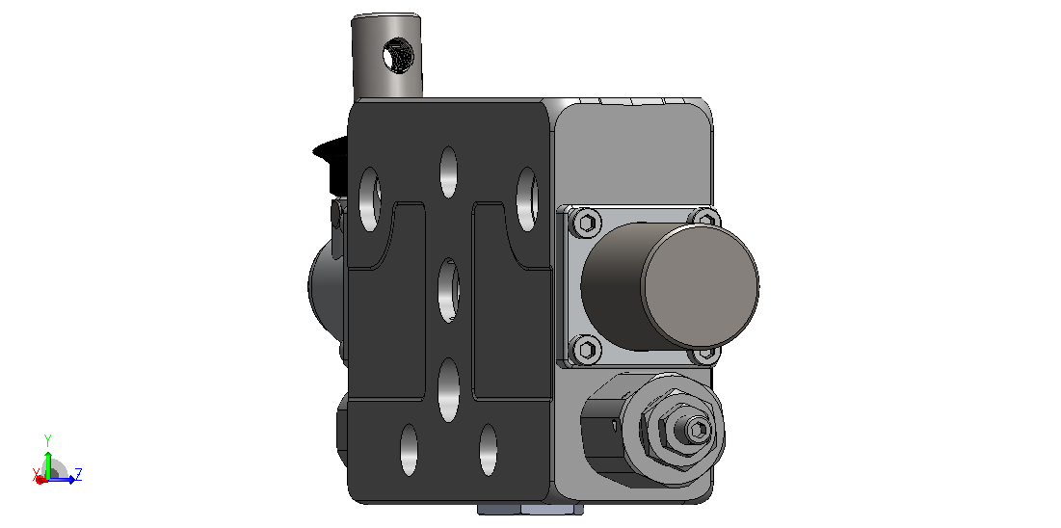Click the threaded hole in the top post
tap(396, 56)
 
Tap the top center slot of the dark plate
tap(449, 172)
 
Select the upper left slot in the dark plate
tap(369, 199)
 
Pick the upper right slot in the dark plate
tap(527, 199)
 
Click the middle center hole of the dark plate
tap(449, 291)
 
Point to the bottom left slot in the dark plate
tap(409, 450)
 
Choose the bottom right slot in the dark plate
tap(489, 450)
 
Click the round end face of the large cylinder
tap(700, 285)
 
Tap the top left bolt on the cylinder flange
tap(586, 222)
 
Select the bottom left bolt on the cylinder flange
tap(586, 350)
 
